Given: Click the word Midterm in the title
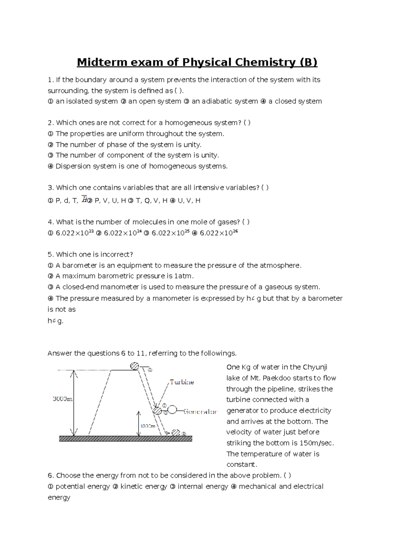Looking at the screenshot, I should (102, 62).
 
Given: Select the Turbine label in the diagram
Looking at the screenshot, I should (182, 382).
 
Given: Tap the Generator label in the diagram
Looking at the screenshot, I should (200, 412).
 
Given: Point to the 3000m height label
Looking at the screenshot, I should (62, 399).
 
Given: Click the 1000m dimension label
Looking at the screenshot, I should (148, 426).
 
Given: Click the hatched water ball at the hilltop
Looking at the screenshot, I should (135, 366).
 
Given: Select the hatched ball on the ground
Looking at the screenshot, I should (176, 433).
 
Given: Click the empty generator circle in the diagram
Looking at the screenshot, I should (172, 410).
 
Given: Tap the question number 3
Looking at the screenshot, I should (50, 188).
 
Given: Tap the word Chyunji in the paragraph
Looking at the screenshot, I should (315, 367).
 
